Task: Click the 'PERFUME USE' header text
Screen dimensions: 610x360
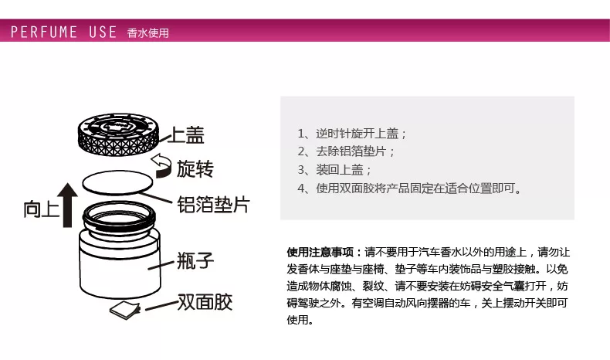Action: click(x=64, y=32)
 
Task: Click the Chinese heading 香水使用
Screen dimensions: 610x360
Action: click(x=147, y=33)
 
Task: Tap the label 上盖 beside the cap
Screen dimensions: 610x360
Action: click(x=186, y=135)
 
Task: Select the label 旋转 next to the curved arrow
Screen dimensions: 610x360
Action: click(x=195, y=169)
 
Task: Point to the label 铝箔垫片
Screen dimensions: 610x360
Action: click(x=214, y=204)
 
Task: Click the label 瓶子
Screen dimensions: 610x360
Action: click(x=195, y=260)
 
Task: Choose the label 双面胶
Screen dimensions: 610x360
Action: click(x=205, y=301)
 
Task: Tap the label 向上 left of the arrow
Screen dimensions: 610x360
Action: click(x=41, y=209)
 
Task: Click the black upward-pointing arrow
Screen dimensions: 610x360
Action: click(x=67, y=205)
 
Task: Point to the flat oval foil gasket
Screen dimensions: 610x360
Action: click(x=117, y=182)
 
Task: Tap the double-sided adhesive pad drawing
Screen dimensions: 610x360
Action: click(x=125, y=311)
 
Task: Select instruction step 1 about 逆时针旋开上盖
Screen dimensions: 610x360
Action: click(x=351, y=134)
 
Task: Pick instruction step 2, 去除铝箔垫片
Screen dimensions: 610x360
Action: click(x=346, y=151)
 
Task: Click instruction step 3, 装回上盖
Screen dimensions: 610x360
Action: click(x=334, y=170)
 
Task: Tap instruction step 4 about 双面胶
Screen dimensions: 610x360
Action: click(x=409, y=188)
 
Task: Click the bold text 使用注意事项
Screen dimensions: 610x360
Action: click(x=320, y=252)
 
